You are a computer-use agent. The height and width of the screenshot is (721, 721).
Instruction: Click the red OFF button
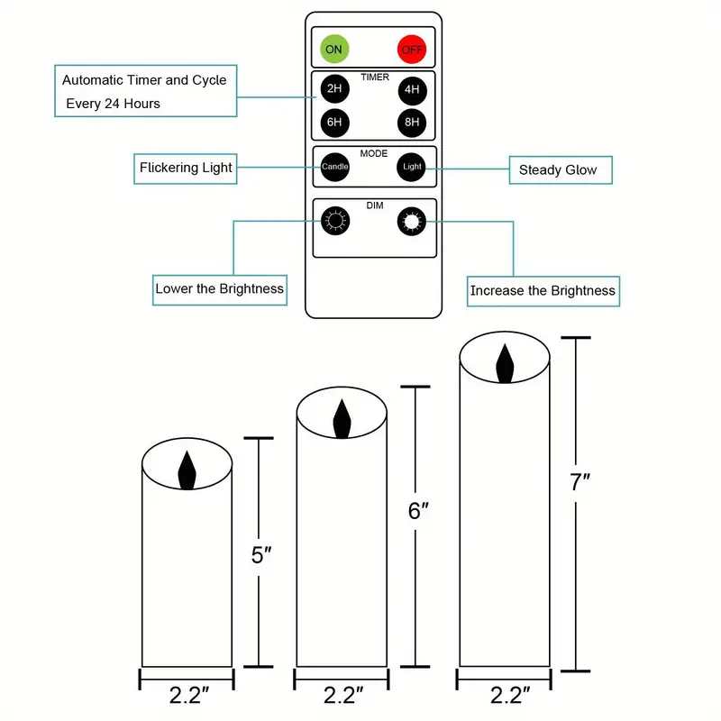coord(411,49)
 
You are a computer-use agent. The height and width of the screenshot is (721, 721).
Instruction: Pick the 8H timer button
coord(411,122)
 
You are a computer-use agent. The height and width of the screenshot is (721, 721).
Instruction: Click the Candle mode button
coord(335,167)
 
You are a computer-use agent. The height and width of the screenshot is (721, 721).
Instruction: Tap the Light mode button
coord(411,167)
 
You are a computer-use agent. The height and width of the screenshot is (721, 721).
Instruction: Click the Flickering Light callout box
coord(186,168)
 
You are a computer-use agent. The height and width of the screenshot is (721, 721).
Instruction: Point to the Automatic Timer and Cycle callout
coord(144,91)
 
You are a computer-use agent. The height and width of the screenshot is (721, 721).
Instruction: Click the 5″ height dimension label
coord(261,554)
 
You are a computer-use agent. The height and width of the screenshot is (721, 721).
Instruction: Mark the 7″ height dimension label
coord(580,482)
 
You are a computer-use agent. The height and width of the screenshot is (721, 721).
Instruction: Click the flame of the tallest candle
coord(505,362)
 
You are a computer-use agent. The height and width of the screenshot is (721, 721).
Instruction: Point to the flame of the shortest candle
coord(187,469)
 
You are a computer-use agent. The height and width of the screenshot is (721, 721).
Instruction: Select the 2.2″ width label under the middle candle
coord(342,695)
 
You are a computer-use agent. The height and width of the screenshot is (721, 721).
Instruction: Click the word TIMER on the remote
coord(374,78)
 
